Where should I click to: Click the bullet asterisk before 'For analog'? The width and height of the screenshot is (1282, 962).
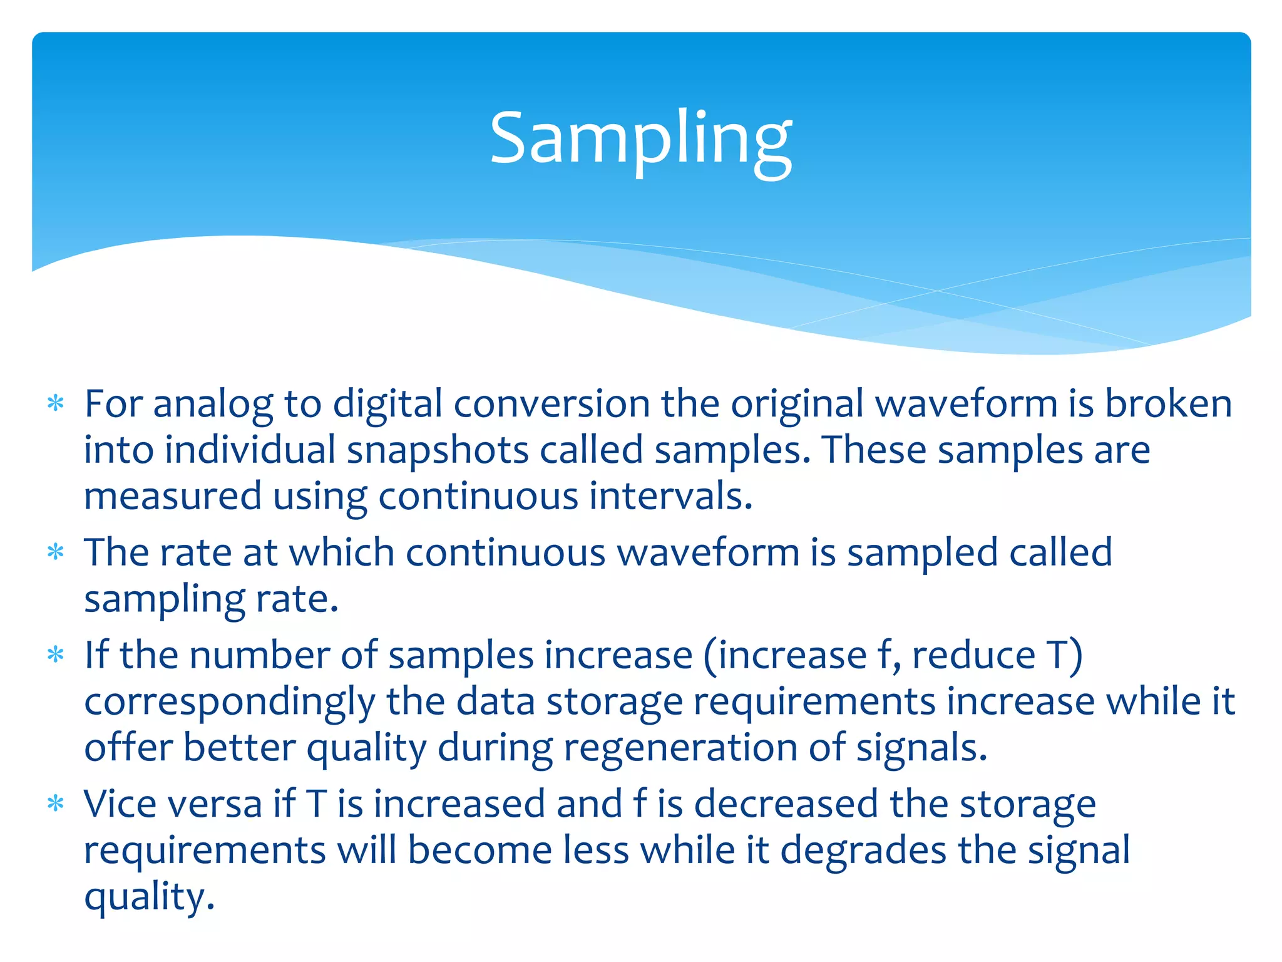click(x=56, y=404)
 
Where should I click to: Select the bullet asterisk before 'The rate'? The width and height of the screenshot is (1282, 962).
click(x=56, y=552)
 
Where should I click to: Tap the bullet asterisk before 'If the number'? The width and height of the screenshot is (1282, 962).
click(x=56, y=655)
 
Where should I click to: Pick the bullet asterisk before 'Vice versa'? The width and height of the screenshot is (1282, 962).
click(x=56, y=804)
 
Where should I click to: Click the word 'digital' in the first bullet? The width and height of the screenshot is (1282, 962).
click(x=387, y=404)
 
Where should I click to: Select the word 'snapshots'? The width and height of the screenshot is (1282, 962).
click(x=438, y=450)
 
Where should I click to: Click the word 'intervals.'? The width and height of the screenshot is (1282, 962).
click(x=670, y=496)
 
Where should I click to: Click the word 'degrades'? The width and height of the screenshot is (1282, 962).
click(x=863, y=851)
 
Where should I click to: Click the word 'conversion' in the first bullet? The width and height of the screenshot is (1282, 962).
click(x=551, y=404)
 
